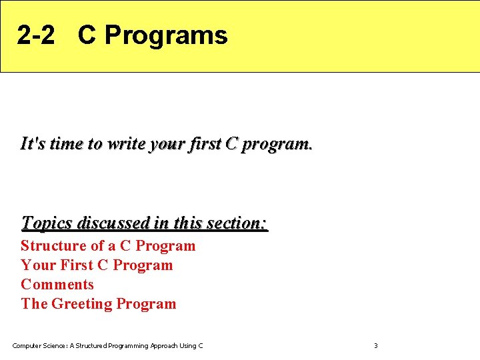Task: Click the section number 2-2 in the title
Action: click(36, 35)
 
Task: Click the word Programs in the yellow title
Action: click(166, 35)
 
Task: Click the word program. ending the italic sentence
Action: click(276, 144)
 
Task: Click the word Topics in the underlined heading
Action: click(47, 222)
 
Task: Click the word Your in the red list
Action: click(38, 265)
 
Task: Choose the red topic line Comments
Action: click(57, 284)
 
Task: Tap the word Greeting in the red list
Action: click(82, 303)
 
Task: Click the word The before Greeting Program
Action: click(34, 303)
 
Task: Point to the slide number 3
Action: click(375, 345)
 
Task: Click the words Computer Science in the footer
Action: click(39, 345)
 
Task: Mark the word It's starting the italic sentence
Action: click(32, 143)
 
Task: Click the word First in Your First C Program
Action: click(77, 265)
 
